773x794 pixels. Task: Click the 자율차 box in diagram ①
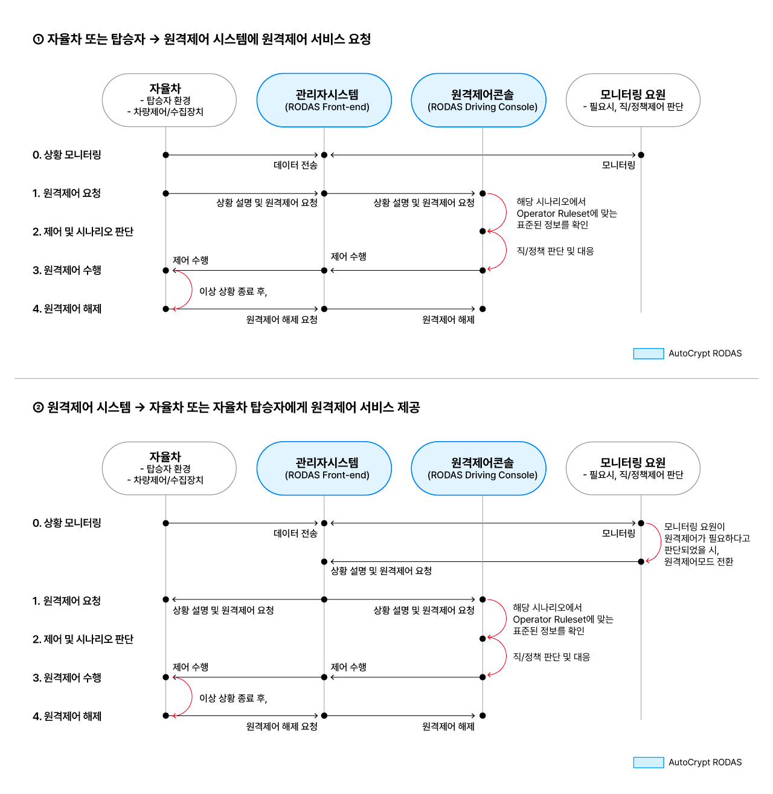click(169, 100)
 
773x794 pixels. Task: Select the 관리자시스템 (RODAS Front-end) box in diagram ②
click(324, 468)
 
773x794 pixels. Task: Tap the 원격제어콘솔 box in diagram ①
click(478, 100)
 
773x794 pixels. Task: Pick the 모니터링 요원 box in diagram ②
click(633, 468)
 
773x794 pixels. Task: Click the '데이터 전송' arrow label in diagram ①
click(295, 165)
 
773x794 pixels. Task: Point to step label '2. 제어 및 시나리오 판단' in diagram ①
click(83, 231)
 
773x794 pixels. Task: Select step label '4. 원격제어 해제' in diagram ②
click(67, 716)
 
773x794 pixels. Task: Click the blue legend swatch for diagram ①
click(649, 353)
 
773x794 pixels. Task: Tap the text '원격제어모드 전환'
click(699, 561)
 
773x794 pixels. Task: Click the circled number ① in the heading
click(38, 39)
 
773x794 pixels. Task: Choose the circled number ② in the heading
click(38, 407)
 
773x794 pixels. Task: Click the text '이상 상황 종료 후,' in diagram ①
click(233, 291)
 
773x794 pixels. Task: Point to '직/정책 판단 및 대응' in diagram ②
click(551, 657)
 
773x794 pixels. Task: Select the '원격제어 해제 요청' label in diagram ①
click(281, 319)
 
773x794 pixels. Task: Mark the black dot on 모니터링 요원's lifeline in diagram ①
click(641, 155)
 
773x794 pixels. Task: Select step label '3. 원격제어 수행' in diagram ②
click(67, 677)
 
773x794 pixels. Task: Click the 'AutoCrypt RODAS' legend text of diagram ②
click(705, 762)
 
